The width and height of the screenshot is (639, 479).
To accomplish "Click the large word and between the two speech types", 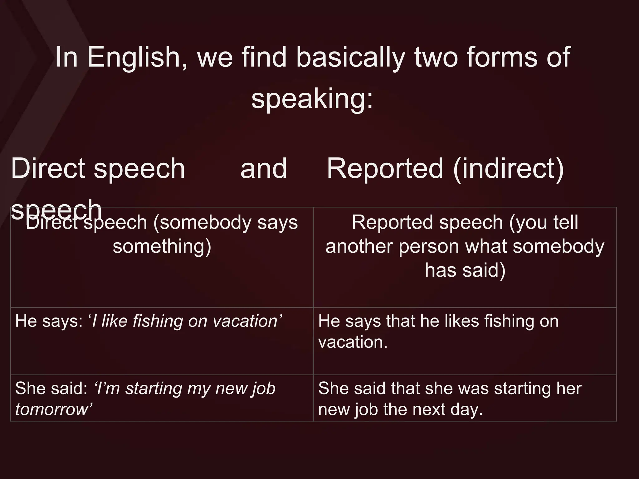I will pos(264,168).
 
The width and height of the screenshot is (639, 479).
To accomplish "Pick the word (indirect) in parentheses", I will pos(508,169).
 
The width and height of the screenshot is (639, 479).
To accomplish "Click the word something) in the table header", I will pos(162,246).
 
